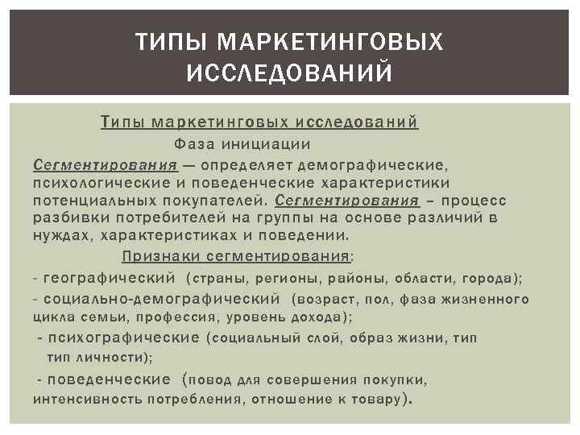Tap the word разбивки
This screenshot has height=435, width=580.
coord(65,218)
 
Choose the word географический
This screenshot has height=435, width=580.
coord(110,278)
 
